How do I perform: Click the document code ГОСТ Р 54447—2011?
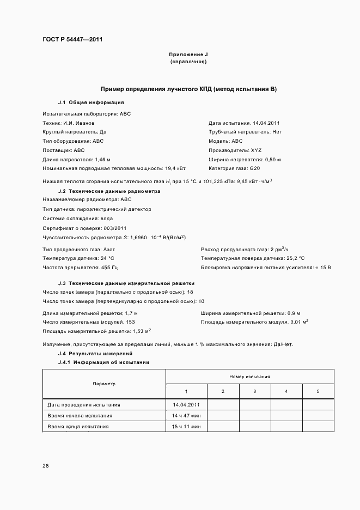[72, 40]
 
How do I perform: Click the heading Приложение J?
[188, 55]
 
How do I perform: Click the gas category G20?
[257, 168]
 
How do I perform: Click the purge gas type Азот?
[109, 249]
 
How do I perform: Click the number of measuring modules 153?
[130, 322]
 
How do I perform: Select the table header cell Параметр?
[104, 384]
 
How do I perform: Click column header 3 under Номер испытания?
[255, 391]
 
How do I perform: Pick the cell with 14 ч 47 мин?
[186, 415]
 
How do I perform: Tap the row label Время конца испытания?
[78, 426]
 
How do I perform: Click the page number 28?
[46, 466]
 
